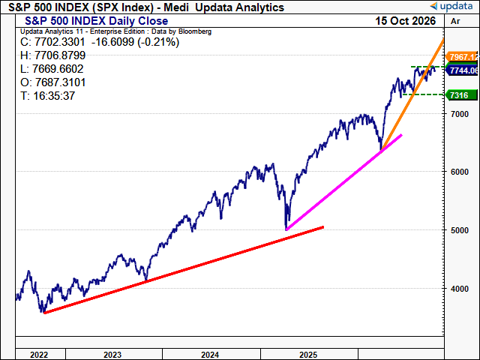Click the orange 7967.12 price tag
462,57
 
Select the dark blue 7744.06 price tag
462,70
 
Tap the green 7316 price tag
462,95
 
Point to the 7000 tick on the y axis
460,114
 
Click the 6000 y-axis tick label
460,172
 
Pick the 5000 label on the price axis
460,230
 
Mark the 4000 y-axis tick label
460,289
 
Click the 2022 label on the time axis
39,355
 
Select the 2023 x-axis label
112,355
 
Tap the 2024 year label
210,355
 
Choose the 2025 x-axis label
308,355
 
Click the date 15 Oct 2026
405,21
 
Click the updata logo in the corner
451,6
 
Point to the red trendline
184,270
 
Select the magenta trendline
343,182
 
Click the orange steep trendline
412,94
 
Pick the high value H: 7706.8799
52,55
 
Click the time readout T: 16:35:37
47,96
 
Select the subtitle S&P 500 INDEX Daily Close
97,21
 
